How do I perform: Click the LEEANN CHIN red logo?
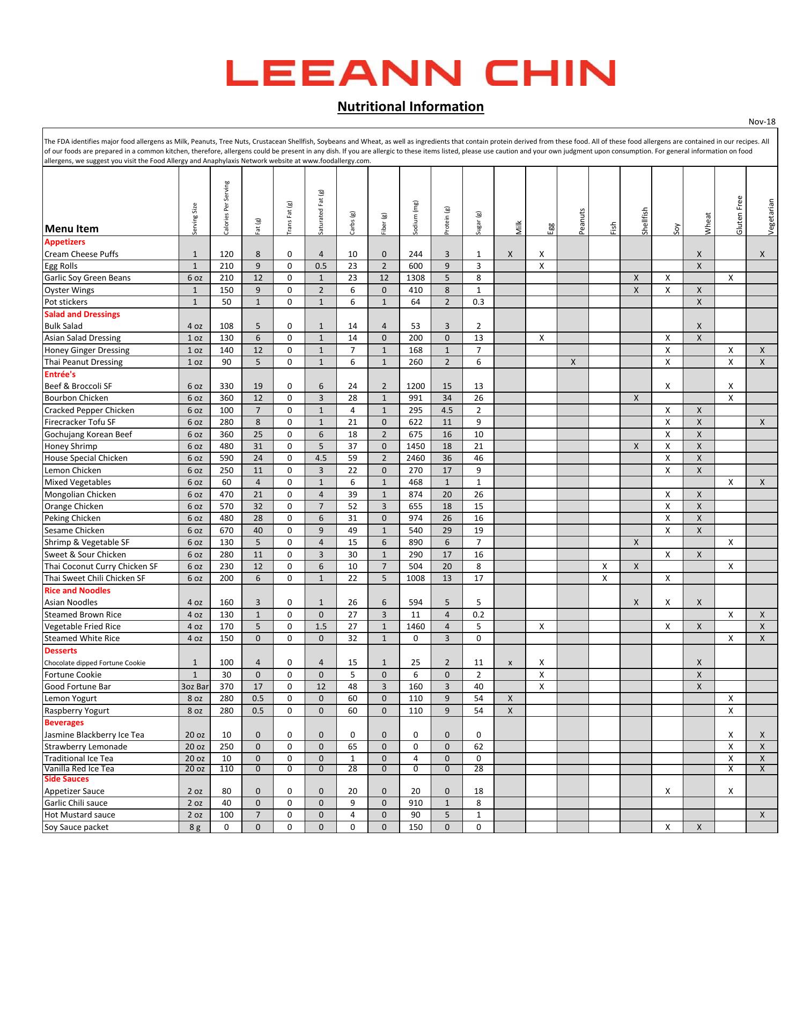[420, 73]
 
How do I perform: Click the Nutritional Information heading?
[410, 107]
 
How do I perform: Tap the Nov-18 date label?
[762, 122]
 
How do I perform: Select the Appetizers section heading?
[65, 242]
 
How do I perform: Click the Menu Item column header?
[72, 229]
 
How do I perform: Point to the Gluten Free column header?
[740, 215]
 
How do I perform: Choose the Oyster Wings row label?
[69, 290]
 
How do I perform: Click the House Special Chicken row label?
[86, 458]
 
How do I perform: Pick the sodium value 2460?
[415, 458]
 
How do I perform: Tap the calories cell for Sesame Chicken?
[226, 531]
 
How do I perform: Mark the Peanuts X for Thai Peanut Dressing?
[573, 362]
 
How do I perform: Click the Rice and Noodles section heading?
[77, 591]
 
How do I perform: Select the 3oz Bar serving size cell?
[195, 687]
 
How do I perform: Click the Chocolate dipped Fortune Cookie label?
[95, 663]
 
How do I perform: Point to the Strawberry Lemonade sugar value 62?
[478, 747]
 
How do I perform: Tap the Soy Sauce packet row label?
[76, 827]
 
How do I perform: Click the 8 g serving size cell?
[195, 827]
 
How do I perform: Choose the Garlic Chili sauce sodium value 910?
[415, 803]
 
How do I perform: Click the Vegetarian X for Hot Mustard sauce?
[762, 815]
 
